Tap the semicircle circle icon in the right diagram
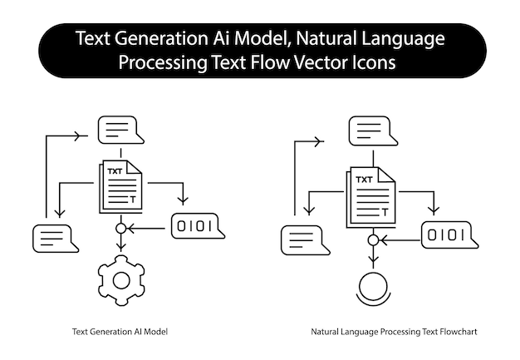point(373,287)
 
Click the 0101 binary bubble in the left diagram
point(197,226)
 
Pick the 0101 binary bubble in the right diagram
point(448,236)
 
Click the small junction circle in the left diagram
point(120,227)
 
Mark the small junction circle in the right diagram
point(372,240)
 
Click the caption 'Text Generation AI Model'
point(120,332)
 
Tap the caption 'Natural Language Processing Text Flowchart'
point(395,332)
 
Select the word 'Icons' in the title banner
point(371,62)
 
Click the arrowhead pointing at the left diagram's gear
point(120,247)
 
